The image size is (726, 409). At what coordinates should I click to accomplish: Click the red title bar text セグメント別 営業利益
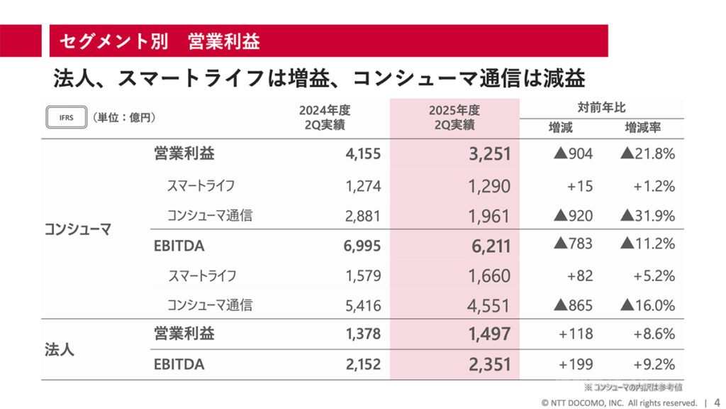tap(160, 41)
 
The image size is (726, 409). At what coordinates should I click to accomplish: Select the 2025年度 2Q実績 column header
tap(454, 117)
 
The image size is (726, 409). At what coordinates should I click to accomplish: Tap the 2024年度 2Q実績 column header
tap(324, 117)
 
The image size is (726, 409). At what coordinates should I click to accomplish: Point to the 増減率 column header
tap(643, 129)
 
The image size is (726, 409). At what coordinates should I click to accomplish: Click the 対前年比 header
tap(601, 108)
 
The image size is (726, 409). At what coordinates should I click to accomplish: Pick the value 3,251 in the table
tap(489, 153)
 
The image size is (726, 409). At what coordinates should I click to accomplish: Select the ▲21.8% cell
tap(646, 153)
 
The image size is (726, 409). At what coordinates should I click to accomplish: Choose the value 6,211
tap(489, 246)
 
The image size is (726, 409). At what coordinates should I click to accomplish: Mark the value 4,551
tap(489, 306)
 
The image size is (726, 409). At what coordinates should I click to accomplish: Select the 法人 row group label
tap(60, 349)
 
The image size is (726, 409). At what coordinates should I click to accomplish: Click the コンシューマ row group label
tap(78, 229)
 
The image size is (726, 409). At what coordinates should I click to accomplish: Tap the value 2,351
tap(489, 364)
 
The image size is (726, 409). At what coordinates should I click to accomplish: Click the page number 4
tap(716, 401)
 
